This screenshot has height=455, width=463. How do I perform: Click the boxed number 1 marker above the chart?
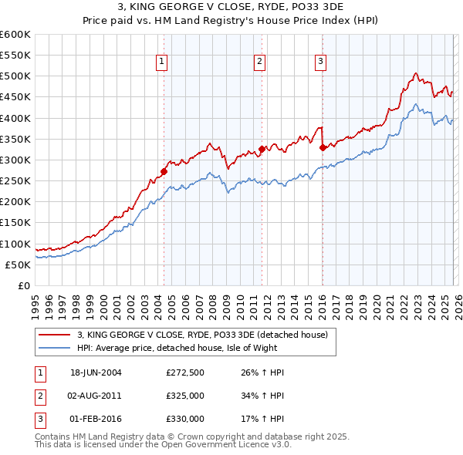[x=162, y=62]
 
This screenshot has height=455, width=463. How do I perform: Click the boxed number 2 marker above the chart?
[x=259, y=62]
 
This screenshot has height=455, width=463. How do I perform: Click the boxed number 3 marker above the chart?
[x=320, y=62]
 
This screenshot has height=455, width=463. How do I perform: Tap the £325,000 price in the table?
[x=185, y=396]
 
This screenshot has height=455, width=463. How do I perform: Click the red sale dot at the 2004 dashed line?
[x=164, y=172]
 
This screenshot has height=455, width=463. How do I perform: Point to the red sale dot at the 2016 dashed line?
[x=322, y=147]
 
